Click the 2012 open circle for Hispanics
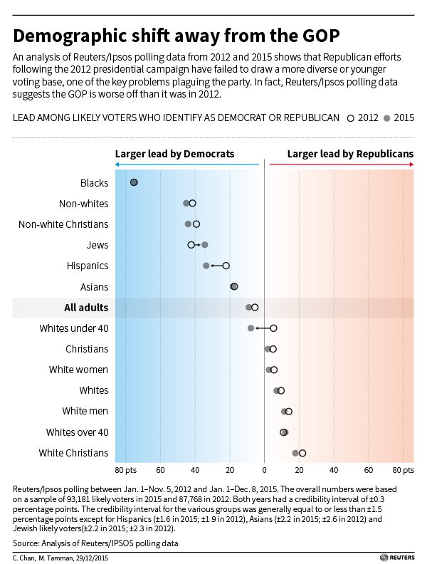226,266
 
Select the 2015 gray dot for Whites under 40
251,328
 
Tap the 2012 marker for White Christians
302,453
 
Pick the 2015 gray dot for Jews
205,245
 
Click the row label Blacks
94,183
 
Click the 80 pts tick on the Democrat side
125,471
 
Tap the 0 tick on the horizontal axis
265,471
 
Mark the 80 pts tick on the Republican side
403,471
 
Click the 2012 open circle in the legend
350,117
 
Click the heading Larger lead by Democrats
174,153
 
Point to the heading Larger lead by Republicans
351,153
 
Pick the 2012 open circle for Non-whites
192,204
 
